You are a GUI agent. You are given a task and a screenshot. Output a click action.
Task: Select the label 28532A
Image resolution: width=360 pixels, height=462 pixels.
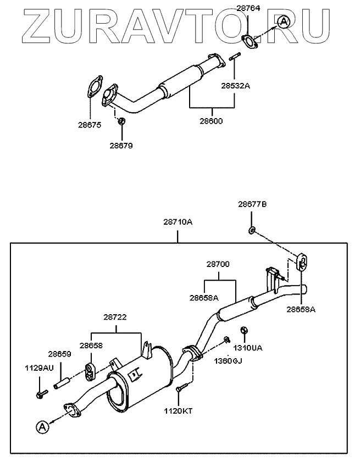[x=235, y=86]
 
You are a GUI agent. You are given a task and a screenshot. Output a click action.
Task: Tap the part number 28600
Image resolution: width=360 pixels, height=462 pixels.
[x=212, y=120]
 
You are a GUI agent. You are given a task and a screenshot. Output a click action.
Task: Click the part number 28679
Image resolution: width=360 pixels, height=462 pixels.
[x=121, y=146]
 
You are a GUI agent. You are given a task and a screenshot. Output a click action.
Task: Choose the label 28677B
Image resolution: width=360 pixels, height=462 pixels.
[x=252, y=204]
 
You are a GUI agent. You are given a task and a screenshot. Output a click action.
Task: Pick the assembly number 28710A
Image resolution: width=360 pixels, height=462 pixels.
[x=178, y=222]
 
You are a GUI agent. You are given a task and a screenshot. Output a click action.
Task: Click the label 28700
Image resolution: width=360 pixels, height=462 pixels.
[x=218, y=264]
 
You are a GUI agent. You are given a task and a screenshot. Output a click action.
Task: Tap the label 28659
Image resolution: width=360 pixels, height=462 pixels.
[x=59, y=354]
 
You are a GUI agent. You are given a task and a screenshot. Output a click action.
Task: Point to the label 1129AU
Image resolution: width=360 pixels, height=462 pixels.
[x=38, y=367]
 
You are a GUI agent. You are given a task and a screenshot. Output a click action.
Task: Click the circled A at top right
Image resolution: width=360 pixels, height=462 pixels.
[x=283, y=22]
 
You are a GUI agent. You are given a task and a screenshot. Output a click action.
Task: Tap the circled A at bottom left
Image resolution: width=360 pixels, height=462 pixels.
[x=43, y=426]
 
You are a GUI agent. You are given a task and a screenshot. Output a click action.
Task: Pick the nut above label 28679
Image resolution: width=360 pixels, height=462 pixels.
[x=121, y=120]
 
